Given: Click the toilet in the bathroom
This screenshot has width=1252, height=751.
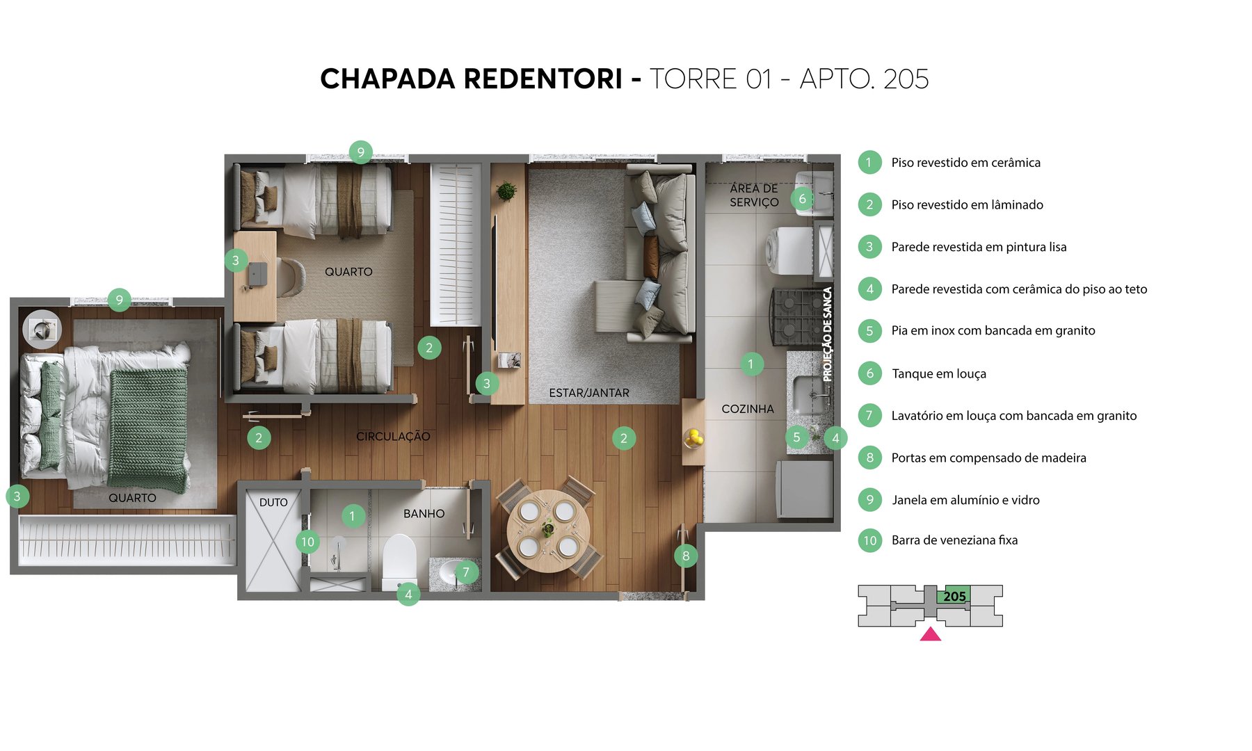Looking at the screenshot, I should point(399,560).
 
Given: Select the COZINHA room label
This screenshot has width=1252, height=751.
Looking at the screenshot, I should point(747,409).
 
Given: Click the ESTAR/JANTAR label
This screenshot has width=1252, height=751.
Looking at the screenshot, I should point(588,393).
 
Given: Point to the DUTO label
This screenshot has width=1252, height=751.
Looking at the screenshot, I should point(273,502).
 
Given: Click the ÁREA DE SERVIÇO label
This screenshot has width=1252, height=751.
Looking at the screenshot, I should point(754,195).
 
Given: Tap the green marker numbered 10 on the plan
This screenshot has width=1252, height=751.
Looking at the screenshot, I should point(307,542).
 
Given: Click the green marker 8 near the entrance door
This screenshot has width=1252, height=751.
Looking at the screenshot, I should point(686,556).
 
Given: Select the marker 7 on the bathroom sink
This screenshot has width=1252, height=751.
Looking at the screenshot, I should point(466,573).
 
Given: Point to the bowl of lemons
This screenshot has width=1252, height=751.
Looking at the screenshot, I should point(693,438).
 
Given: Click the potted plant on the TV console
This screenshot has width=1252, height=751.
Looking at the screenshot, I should point(506,190).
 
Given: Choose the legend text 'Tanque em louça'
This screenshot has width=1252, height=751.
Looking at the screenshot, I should point(938,373).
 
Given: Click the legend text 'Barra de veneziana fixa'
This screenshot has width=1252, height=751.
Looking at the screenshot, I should point(954,540).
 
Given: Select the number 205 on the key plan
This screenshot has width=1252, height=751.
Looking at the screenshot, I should point(954,596).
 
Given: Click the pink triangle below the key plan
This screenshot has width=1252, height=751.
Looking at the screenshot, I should point(930,634).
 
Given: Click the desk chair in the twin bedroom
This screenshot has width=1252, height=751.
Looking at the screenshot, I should point(291,277).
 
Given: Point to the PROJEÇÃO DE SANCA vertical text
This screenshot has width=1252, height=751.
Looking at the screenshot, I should point(827,334).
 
